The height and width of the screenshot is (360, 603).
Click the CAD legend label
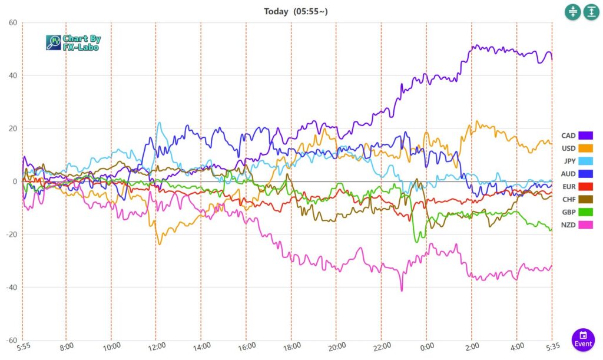568,136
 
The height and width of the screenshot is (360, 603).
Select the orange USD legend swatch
585,148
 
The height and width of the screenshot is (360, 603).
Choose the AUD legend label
568,174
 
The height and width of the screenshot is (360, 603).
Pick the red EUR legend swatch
585,187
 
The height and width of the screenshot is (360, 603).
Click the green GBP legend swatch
585,212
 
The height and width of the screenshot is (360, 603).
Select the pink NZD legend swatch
585,225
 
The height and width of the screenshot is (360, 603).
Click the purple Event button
583,339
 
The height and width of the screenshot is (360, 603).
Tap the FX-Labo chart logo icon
53,42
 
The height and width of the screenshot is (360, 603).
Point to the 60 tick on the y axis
12,23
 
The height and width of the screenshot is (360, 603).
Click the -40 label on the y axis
10,288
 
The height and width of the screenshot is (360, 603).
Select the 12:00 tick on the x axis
157,346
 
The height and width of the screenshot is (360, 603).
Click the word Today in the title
276,11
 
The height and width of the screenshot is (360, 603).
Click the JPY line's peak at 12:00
159,123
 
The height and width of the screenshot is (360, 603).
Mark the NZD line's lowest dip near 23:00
402,290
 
